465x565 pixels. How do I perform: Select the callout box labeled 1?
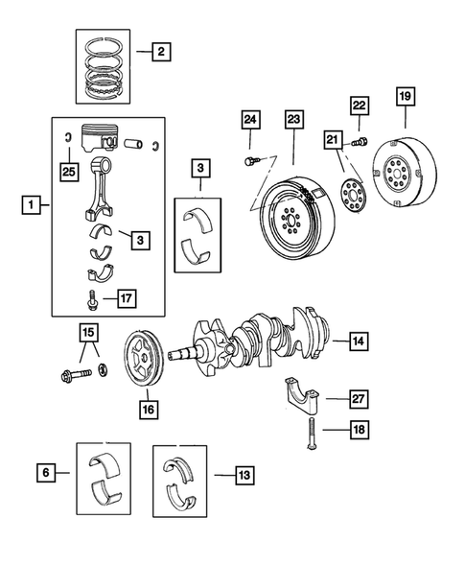coord(33,203)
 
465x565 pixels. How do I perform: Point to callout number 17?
coord(124,298)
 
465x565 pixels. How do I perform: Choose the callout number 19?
coord(406,96)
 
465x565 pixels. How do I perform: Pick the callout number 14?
coord(357,341)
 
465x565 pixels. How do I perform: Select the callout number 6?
coord(43,472)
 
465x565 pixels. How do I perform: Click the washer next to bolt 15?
coord(105,370)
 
